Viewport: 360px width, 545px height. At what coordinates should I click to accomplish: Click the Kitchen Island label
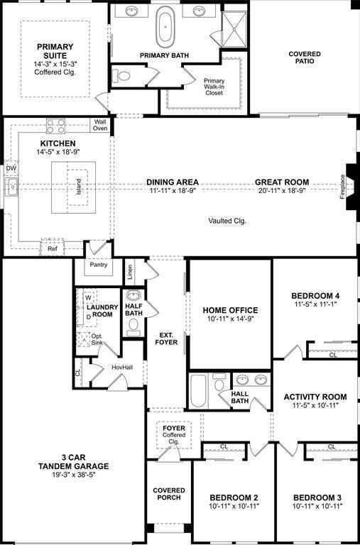[80, 187]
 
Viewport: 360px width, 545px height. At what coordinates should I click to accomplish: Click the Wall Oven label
[100, 125]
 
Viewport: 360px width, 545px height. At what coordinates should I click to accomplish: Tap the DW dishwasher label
[11, 169]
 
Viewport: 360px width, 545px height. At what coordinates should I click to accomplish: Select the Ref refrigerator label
[53, 248]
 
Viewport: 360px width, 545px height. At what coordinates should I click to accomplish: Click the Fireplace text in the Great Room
[342, 187]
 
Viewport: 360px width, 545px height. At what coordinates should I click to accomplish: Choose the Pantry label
[97, 265]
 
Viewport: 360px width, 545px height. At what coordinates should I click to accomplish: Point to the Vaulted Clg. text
[227, 221]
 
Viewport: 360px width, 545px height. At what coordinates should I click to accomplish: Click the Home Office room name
[230, 310]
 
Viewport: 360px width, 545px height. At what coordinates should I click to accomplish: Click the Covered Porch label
[169, 495]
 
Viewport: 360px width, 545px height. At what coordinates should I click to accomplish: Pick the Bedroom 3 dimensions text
[317, 505]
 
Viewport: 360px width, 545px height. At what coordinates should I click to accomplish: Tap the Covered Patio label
[305, 57]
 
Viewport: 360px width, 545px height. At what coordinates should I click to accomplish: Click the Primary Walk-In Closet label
[214, 86]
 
